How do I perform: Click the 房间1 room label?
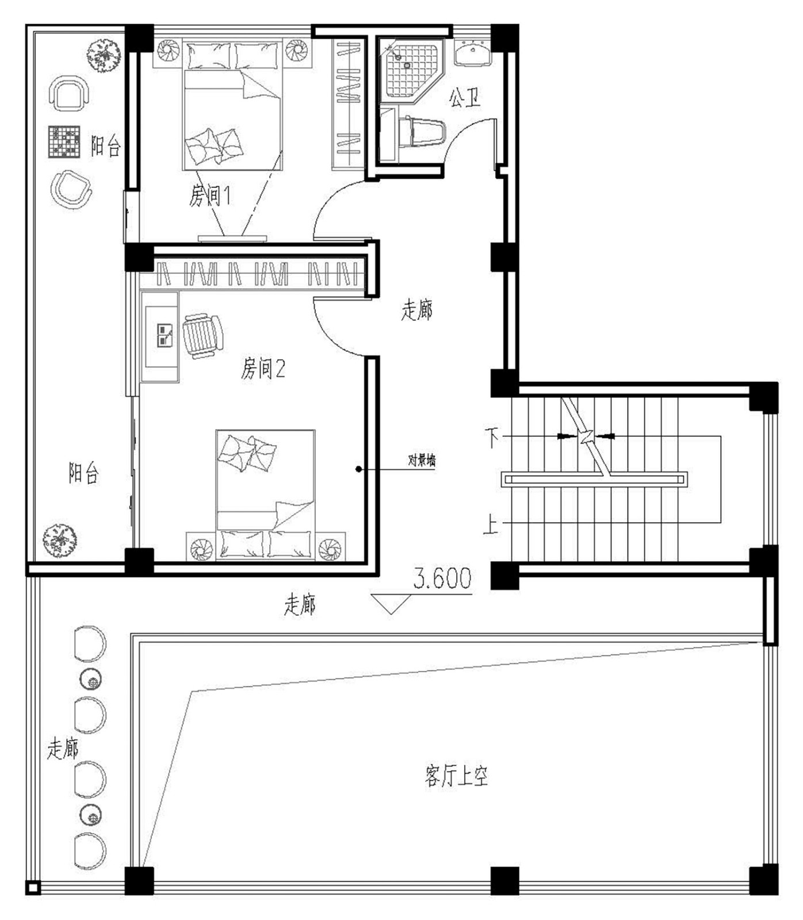pos(211,196)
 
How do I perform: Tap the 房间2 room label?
pos(263,368)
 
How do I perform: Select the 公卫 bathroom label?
pos(465,98)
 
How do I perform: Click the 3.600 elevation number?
pos(442,578)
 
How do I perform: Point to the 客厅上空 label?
pos(457,776)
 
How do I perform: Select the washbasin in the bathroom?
pos(473,54)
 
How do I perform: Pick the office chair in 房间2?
pos(202,336)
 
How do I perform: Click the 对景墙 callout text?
pos(422,460)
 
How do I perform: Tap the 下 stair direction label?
pos(492,438)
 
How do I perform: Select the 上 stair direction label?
pos(491,524)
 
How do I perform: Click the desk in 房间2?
pos(160,337)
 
